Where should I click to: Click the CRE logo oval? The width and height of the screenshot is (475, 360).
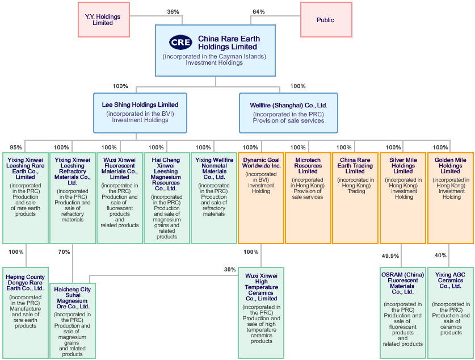coord(181,43)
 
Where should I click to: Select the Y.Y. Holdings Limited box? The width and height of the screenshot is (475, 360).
coord(103,20)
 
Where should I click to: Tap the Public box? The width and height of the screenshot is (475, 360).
coord(325,20)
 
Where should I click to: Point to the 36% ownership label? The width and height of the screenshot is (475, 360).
coord(173,12)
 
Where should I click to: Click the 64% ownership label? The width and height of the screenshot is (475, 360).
coord(258,12)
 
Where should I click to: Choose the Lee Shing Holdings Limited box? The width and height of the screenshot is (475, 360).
coord(140,112)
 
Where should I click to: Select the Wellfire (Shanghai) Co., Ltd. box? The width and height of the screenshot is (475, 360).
coord(288,112)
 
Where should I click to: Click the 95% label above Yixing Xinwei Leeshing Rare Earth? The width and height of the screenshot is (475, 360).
coord(16,148)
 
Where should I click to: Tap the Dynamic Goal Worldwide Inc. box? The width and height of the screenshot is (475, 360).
coord(261,198)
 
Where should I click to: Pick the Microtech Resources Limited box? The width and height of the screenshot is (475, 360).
coord(308,198)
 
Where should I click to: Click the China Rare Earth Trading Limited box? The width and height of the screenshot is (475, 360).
coord(355,198)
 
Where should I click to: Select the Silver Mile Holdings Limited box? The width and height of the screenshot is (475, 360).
coord(403,198)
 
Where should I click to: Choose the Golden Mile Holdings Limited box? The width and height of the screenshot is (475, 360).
coord(451,198)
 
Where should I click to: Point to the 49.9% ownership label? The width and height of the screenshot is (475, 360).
coord(390,256)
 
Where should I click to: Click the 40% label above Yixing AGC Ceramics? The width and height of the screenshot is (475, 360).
coord(440,256)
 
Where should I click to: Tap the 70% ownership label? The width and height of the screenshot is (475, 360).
coord(64,252)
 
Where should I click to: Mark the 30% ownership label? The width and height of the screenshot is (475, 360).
coord(229,270)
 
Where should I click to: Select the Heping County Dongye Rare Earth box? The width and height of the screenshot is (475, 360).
coord(26,312)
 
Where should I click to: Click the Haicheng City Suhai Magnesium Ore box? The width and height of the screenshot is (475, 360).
coord(72,321)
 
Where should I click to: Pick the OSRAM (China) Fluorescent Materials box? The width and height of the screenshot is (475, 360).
coord(403,312)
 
